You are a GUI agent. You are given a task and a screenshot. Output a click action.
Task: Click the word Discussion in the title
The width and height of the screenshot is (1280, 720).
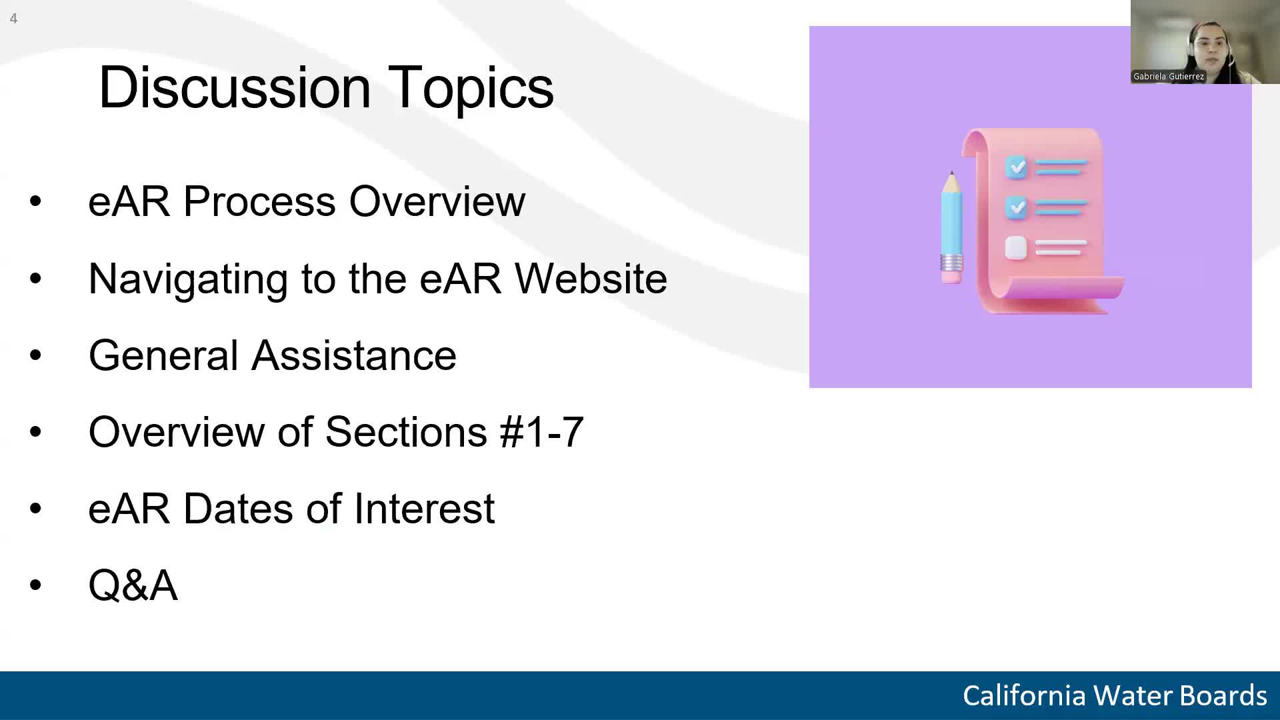click(x=234, y=87)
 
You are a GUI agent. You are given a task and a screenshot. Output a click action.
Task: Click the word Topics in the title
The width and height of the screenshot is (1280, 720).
click(x=470, y=87)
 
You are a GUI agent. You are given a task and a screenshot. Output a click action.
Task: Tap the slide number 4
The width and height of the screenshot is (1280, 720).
click(x=13, y=19)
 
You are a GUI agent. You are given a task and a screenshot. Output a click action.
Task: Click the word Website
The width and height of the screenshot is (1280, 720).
click(x=591, y=279)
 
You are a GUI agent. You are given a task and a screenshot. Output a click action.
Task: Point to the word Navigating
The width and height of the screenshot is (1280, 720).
click(x=187, y=279)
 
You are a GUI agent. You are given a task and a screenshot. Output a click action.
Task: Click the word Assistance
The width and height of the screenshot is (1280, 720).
click(x=353, y=355)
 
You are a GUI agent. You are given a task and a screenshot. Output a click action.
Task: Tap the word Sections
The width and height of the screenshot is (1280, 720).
click(x=406, y=432)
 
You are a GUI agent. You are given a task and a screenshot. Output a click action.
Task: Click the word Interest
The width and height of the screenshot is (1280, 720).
click(x=424, y=509)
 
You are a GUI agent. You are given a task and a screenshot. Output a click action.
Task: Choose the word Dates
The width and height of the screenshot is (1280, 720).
click(x=237, y=509)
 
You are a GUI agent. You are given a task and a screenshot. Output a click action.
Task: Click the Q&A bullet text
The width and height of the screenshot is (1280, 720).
click(x=133, y=585)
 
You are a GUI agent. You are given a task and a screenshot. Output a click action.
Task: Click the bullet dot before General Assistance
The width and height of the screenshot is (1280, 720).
click(x=35, y=355)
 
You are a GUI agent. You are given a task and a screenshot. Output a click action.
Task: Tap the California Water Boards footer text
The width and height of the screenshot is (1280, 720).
click(x=1114, y=695)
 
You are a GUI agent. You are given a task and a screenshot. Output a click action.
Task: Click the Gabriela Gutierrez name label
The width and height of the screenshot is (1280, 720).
click(x=1168, y=77)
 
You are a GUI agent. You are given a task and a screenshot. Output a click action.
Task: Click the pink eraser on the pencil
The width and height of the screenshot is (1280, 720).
click(x=952, y=275)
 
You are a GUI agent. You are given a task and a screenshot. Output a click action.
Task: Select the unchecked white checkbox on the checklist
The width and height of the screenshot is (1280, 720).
click(x=1015, y=248)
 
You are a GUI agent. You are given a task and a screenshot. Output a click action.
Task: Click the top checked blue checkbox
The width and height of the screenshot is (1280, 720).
click(x=1017, y=167)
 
